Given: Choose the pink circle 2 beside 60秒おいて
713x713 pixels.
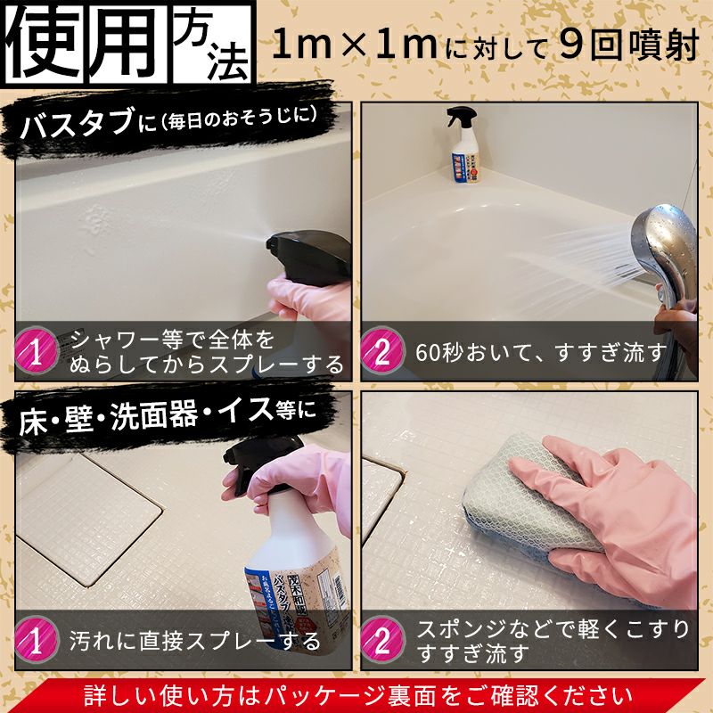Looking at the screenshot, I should [x=382, y=352].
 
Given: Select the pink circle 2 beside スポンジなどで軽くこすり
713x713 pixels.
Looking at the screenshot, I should [x=382, y=639].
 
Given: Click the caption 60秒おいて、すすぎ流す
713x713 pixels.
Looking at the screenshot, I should [x=540, y=352].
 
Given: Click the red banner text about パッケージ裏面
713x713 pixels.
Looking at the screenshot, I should [x=356, y=694].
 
